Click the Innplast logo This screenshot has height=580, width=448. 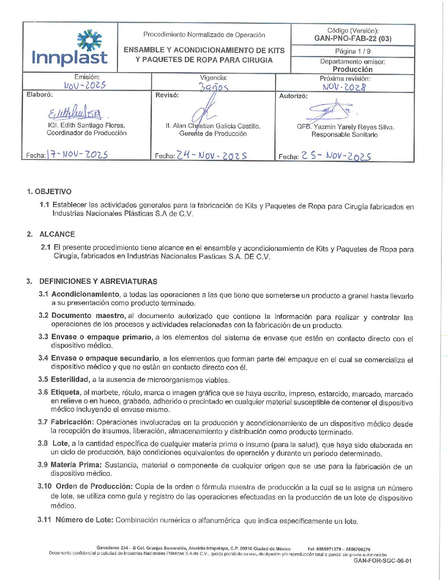pos(70,48)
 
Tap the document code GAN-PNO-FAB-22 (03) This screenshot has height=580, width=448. pos(352,39)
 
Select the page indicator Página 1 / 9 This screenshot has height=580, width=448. pos(352,51)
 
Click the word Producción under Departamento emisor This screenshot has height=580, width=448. pos(352,69)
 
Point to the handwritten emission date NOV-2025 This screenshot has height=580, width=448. pos(85,85)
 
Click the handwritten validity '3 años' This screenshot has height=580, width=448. pos(213,87)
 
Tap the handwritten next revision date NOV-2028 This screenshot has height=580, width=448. pos(344,87)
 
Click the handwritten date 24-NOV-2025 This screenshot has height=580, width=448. pos(212,155)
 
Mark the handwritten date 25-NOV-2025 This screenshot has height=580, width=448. pos(336,156)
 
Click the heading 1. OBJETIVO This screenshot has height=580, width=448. pos(49,192)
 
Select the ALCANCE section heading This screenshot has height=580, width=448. pos(57,234)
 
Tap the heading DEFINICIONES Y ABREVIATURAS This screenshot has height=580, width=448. pos(98,281)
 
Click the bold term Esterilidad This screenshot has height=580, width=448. pos(70,379)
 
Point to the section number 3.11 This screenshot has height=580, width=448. pos(44,520)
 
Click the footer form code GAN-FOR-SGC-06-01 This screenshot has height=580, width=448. pos(382,561)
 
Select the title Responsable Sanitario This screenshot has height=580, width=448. pos(344,135)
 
